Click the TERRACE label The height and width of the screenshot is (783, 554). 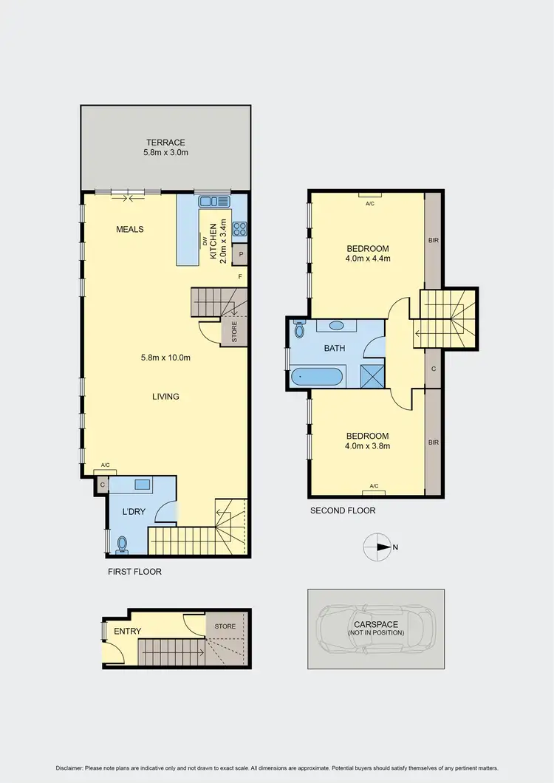point(165,143)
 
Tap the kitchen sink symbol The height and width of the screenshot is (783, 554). point(213,200)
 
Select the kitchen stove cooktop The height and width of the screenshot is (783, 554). point(239,229)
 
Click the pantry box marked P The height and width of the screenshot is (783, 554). point(240,255)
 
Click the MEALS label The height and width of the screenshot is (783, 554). point(129,229)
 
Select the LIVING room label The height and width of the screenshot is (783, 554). point(165,397)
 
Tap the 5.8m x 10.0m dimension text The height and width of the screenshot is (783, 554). point(165,358)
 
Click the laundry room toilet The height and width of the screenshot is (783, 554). point(121,545)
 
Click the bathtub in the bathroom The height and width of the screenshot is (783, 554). point(317,377)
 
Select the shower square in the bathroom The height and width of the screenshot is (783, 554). point(371,376)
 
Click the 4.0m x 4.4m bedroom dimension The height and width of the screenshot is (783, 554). point(367,259)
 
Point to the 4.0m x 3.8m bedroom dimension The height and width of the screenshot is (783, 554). point(367,446)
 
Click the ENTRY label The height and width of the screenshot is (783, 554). point(127,631)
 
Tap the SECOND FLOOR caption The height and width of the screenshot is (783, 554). point(343,510)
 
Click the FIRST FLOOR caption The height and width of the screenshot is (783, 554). point(134,572)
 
